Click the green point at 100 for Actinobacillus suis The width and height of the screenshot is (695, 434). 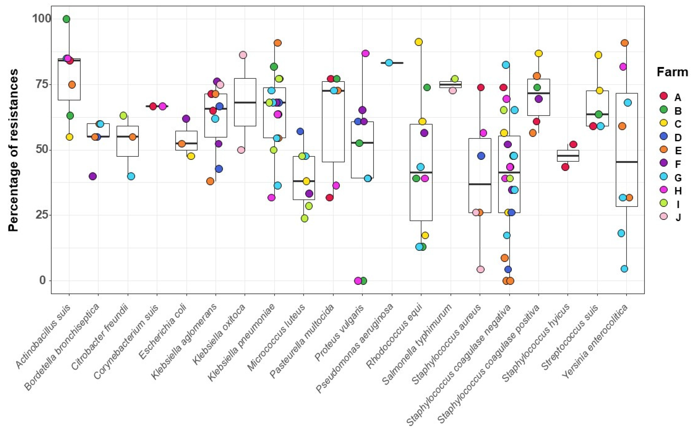[x=66, y=19]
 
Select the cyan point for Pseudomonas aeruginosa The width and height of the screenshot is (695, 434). [x=389, y=63]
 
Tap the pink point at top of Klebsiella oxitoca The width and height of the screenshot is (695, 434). [x=243, y=55]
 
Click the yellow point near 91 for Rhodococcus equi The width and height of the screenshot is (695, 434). [x=419, y=42]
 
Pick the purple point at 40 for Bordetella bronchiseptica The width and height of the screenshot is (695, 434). [x=93, y=176]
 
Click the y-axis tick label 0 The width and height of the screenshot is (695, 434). [x=43, y=280]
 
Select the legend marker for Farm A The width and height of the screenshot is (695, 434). [x=663, y=96]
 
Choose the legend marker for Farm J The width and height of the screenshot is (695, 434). [x=663, y=216]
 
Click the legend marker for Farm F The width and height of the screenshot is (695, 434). [x=663, y=163]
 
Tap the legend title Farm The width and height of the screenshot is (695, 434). [x=672, y=72]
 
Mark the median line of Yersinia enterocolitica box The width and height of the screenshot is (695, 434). [x=627, y=162]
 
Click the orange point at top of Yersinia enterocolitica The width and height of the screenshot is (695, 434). [x=625, y=43]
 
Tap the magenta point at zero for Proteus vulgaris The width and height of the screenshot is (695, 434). [x=358, y=281]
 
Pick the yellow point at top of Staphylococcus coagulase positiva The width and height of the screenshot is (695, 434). [x=539, y=53]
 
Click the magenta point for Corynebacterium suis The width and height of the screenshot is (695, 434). [x=162, y=106]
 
